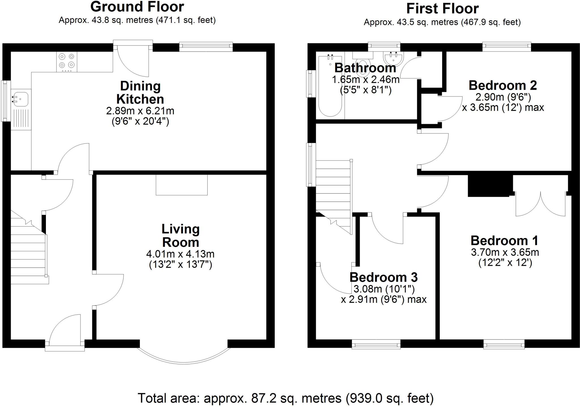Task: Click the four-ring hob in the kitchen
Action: (x=67, y=61)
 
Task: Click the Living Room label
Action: (x=181, y=235)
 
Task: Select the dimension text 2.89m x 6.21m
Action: (x=140, y=111)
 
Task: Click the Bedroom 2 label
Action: (x=503, y=85)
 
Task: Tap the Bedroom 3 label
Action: (x=383, y=277)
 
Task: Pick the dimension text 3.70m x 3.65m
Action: (x=505, y=252)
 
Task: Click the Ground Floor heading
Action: (x=137, y=7)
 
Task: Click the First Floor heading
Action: (x=442, y=8)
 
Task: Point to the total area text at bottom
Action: (x=285, y=398)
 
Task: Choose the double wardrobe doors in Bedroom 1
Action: (x=541, y=204)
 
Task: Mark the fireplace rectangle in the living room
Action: (x=182, y=185)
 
